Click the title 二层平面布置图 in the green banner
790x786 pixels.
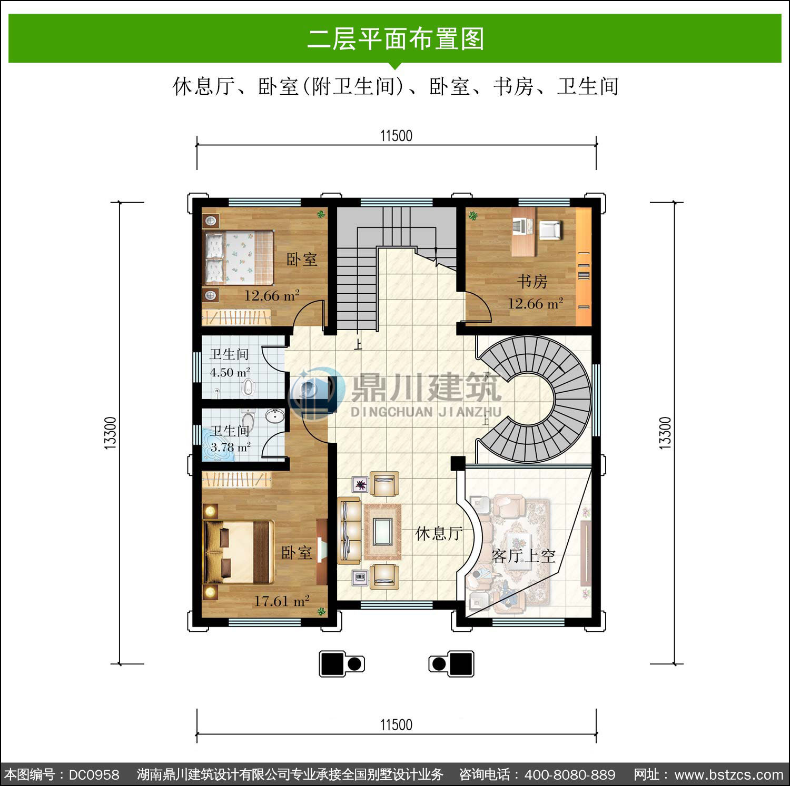pyautogui.click(x=396, y=39)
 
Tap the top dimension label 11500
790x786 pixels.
pyautogui.click(x=396, y=136)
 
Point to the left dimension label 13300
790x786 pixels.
pyautogui.click(x=110, y=433)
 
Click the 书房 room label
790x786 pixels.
pyautogui.click(x=532, y=282)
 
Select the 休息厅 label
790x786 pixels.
pyautogui.click(x=439, y=533)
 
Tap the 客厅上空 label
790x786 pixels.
pyautogui.click(x=524, y=555)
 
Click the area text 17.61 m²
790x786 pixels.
pyautogui.click(x=282, y=601)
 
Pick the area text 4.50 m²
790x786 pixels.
pyautogui.click(x=230, y=372)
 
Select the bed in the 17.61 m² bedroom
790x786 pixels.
pyautogui.click(x=239, y=552)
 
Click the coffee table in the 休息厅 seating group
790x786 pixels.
pyautogui.click(x=382, y=531)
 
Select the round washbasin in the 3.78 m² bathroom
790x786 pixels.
pyautogui.click(x=274, y=416)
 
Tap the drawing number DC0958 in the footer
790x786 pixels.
pyautogui.click(x=94, y=774)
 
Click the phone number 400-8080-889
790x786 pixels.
pyautogui.click(x=570, y=774)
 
